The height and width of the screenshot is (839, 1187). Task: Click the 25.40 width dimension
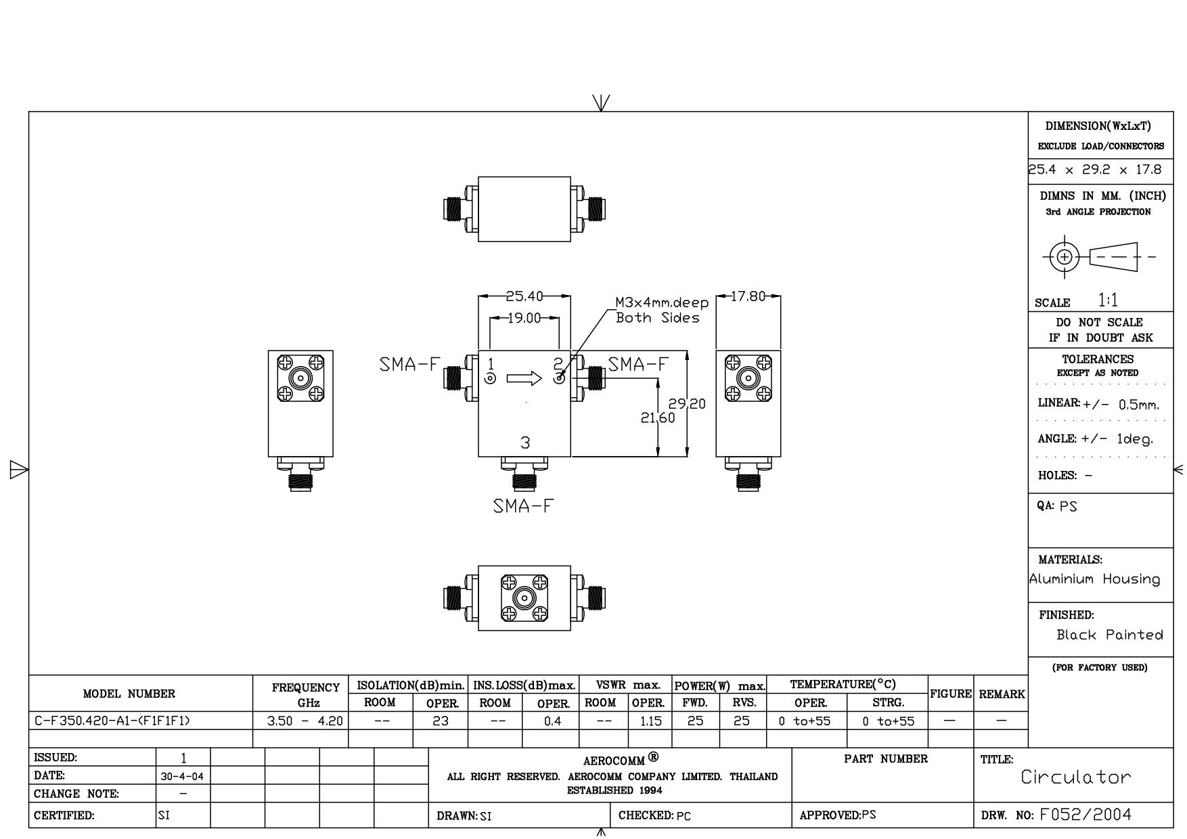pos(524,296)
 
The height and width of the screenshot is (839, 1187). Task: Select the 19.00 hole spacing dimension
pos(524,317)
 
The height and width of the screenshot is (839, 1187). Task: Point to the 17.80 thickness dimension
pos(748,296)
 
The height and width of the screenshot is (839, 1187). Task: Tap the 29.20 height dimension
pos(687,404)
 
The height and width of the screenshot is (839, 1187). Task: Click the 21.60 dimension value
pos(658,418)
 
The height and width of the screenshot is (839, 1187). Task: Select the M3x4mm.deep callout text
pos(661,302)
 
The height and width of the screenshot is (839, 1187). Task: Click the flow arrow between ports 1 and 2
pos(524,378)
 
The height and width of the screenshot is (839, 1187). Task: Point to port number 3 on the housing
pos(525,443)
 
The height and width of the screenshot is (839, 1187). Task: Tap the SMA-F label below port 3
pos(523,506)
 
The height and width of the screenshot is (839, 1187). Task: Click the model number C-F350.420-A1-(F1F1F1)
pos(112,721)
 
